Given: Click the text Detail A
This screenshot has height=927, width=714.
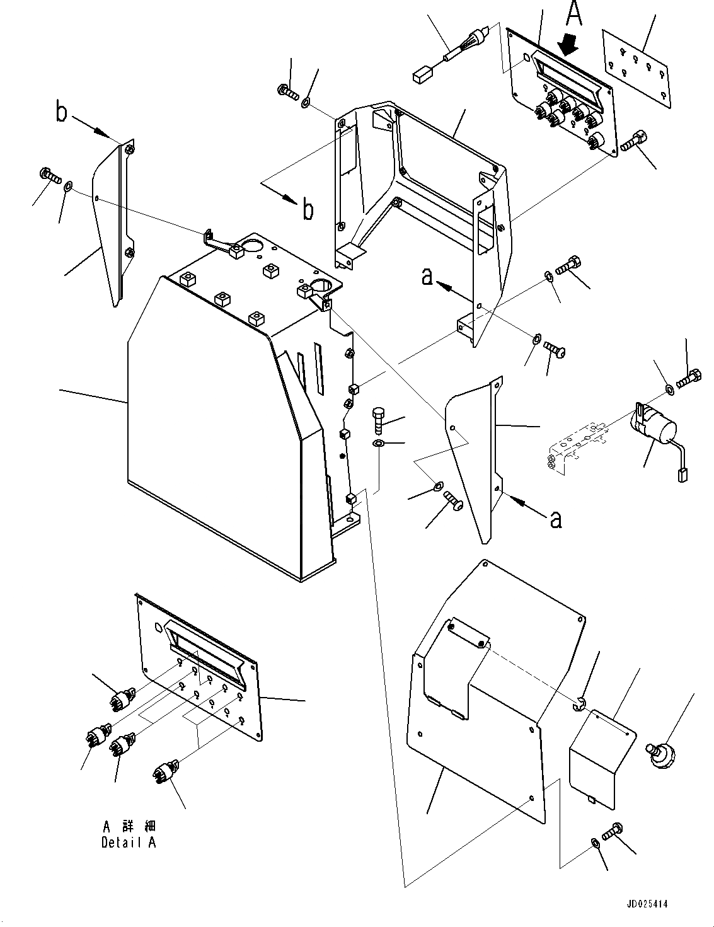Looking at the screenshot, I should (x=129, y=843).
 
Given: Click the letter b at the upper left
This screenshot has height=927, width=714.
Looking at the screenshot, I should (x=61, y=113).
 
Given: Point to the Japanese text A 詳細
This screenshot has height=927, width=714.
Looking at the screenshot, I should (x=129, y=826).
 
